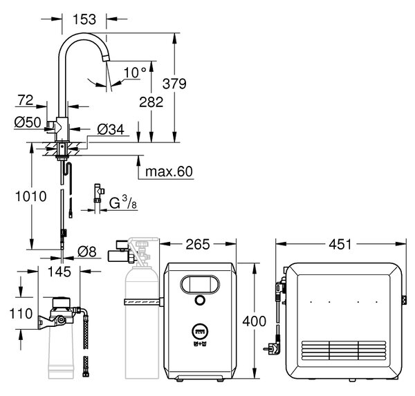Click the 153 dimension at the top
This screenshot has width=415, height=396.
click(84, 19)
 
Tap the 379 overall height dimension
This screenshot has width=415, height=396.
click(174, 84)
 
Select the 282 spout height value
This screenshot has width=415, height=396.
click(151, 102)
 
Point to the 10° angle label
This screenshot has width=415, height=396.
click(135, 73)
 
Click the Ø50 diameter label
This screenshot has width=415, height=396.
click(28, 122)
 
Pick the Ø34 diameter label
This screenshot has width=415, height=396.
click(111, 130)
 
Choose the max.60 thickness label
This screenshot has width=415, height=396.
click(169, 171)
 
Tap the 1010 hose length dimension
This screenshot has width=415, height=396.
click(31, 196)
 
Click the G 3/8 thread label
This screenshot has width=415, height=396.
click(123, 202)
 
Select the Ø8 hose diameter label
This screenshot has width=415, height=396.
click(87, 252)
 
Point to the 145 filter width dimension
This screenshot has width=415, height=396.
click(59, 272)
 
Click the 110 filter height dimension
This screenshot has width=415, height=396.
click(21, 314)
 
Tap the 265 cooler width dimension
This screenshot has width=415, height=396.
click(198, 244)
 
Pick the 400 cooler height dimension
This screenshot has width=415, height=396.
click(255, 321)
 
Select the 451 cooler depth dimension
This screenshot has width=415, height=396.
click(340, 244)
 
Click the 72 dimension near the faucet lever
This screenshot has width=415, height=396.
click(26, 100)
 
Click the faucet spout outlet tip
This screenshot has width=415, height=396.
click(107, 57)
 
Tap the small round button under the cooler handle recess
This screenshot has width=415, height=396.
click(200, 300)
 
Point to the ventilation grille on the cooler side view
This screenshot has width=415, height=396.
click(344, 350)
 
